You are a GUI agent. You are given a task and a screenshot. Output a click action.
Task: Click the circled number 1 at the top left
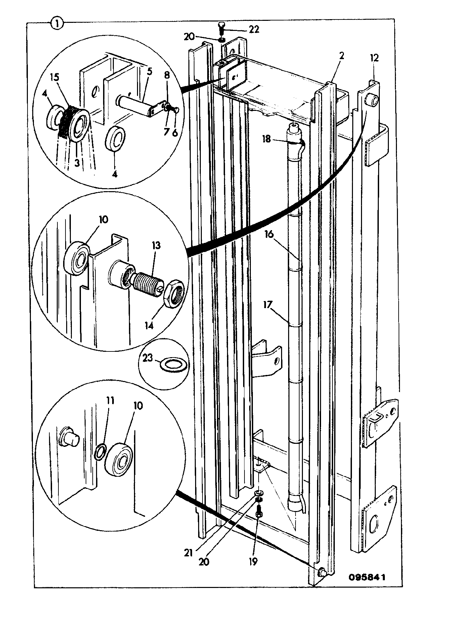57,24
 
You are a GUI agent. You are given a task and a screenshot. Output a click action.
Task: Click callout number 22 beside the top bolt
254,30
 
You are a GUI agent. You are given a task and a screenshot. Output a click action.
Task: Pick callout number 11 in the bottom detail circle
110,400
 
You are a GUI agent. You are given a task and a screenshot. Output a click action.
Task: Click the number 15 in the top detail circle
55,77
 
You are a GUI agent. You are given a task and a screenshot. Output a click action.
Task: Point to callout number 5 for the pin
149,72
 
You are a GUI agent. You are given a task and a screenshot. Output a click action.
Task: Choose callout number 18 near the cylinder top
267,139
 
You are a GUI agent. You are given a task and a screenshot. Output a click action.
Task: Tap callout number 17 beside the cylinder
268,305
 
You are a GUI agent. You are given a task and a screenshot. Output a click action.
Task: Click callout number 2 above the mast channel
342,56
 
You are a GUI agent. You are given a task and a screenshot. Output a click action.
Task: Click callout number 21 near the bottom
189,553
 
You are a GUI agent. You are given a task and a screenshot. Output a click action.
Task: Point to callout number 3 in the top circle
77,163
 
